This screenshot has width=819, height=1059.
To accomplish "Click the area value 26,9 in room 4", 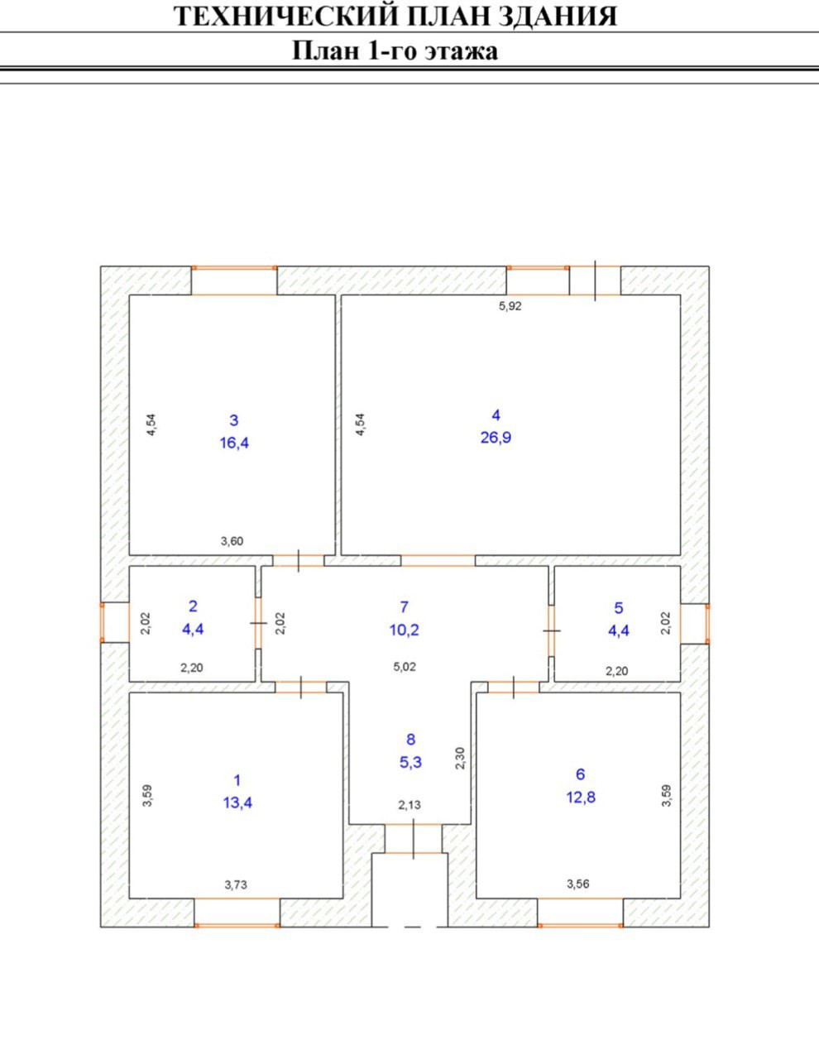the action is tap(496, 438).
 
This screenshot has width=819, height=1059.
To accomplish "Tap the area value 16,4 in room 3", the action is tap(234, 443).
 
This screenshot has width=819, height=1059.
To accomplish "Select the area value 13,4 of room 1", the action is tap(237, 802).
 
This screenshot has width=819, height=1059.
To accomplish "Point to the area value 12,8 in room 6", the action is tap(581, 797).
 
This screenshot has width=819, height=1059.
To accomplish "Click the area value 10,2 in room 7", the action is tap(405, 630).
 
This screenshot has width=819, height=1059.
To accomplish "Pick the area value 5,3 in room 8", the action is tap(410, 762).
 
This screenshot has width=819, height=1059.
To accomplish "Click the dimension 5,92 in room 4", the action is tap(510, 305).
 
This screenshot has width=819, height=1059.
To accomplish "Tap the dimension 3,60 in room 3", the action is tap(232, 542).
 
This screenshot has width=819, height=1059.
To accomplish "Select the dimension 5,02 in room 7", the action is tap(404, 667).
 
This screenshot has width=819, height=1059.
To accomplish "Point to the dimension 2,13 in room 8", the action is tap(410, 805).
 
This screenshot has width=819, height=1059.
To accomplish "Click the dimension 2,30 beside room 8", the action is tap(461, 759).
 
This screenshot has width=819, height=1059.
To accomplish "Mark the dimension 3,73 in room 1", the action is tap(236, 884).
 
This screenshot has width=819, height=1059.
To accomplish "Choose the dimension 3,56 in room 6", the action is tap(578, 884).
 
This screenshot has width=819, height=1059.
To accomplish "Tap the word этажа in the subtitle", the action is tap(461, 51).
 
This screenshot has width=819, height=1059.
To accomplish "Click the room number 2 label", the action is tap(193, 606).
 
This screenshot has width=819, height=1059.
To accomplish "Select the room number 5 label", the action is tap(619, 608).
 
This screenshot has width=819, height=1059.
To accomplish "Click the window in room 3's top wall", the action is tap(234, 280).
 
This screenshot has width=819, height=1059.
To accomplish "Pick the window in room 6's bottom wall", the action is tap(580, 912).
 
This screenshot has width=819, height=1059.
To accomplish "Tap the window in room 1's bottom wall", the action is tap(237, 912).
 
